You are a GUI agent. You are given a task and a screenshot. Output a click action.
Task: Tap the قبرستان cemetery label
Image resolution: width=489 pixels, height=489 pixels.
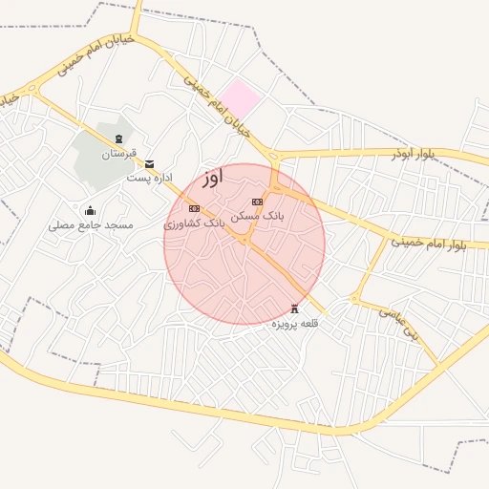119,154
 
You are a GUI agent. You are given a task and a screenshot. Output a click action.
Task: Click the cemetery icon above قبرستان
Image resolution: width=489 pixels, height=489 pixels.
118,139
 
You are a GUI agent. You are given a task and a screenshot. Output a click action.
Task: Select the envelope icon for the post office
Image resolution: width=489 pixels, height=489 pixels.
149,163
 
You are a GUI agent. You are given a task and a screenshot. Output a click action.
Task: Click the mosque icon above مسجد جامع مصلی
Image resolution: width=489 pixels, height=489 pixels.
91,210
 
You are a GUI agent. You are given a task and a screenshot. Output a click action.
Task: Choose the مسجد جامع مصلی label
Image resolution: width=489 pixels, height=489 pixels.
92,225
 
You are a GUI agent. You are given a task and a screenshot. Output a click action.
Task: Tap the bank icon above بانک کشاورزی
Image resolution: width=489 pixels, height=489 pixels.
194,208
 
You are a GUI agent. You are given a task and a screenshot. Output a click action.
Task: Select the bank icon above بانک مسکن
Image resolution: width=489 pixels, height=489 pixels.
256,202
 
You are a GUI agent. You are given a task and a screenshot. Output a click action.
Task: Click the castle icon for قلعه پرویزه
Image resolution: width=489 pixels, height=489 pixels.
294,308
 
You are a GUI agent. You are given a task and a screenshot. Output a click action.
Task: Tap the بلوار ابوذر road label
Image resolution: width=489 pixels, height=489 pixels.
413,154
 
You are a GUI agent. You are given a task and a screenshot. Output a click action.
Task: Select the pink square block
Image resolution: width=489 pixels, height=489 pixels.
240,98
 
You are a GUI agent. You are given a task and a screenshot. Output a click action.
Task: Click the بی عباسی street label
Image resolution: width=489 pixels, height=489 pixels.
398,322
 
